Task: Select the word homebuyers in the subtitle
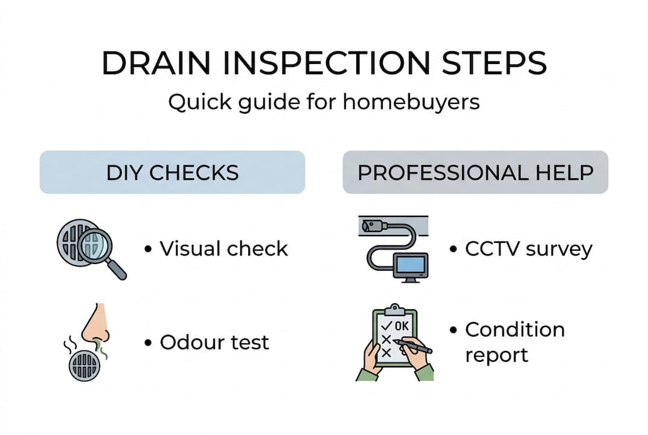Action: click(x=411, y=102)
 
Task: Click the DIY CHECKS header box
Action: click(x=172, y=172)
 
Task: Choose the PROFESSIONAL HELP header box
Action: click(x=475, y=172)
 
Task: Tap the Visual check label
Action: click(x=223, y=249)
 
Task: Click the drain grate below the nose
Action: click(x=84, y=365)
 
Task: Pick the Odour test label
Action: click(x=214, y=343)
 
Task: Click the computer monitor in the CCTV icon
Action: click(x=411, y=265)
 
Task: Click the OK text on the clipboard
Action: click(x=401, y=326)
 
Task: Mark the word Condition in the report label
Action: click(x=515, y=330)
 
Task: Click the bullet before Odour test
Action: click(x=148, y=343)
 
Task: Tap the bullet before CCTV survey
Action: click(x=454, y=249)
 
